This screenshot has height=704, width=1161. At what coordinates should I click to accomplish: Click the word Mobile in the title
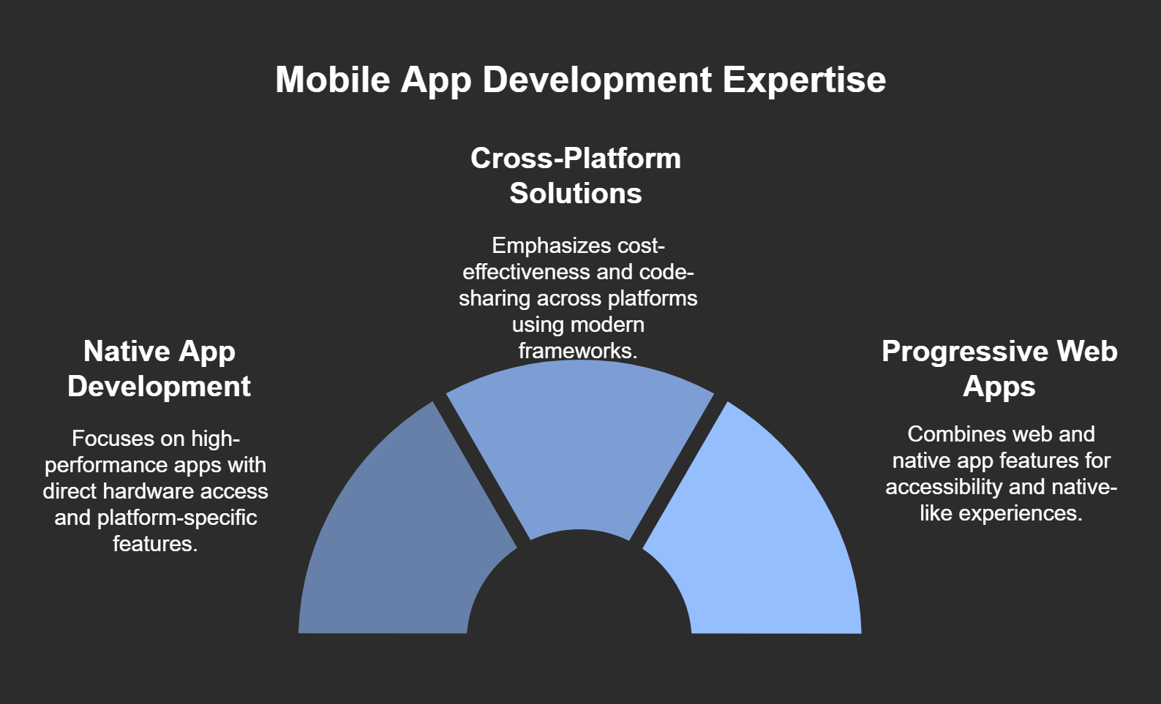(332, 80)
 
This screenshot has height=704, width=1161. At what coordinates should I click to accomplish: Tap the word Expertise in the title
(805, 80)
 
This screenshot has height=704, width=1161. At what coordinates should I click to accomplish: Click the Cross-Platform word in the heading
(575, 158)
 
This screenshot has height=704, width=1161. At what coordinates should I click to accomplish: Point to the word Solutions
(575, 193)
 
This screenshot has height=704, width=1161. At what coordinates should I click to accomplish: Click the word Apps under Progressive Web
(999, 387)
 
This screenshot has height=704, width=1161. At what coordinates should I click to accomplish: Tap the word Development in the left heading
(159, 387)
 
